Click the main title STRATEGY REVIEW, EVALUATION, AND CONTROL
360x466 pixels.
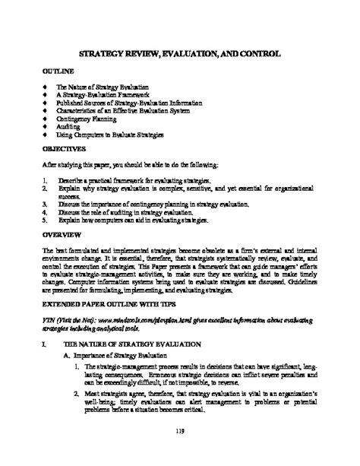[181, 55]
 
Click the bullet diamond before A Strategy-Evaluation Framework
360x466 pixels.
[46, 94]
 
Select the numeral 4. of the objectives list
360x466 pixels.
[46, 214]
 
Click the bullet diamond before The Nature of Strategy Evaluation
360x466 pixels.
[46, 86]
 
